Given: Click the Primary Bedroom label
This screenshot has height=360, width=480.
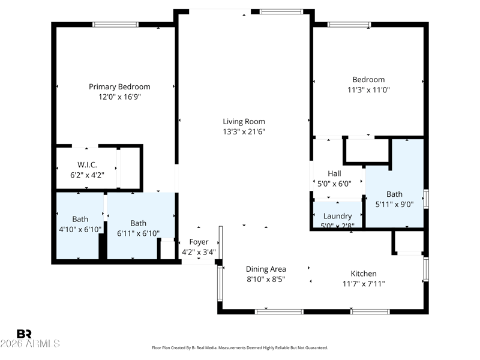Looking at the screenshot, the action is (x=119, y=87).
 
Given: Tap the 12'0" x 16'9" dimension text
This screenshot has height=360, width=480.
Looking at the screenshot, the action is (x=119, y=97).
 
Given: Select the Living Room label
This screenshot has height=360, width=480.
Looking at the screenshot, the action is (x=244, y=122).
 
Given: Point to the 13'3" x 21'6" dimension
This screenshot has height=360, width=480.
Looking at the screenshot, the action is (x=244, y=131).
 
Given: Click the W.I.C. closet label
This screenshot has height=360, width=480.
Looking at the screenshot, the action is (x=87, y=164).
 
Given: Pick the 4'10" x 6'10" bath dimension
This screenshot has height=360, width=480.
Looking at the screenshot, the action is (x=80, y=229).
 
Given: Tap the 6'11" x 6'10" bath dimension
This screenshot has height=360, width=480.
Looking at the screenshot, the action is (x=138, y=233).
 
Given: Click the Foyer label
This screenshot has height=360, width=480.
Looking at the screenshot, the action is (x=199, y=242).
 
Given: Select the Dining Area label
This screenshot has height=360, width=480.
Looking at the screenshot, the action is (x=266, y=269).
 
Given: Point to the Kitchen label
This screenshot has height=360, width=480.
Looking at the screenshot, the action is (x=364, y=274).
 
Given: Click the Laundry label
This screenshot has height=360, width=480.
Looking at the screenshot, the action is (x=337, y=216).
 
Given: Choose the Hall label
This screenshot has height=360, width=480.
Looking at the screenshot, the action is (x=334, y=173).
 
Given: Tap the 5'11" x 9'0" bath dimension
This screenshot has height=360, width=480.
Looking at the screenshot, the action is (x=394, y=204).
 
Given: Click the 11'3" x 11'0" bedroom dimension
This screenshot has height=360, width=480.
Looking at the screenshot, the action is (x=368, y=89).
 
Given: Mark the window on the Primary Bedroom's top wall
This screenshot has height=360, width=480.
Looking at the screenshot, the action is (x=115, y=25).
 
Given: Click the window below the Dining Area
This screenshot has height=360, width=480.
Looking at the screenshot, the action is (x=279, y=311).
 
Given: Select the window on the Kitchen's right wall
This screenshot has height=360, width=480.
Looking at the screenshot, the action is (x=426, y=269).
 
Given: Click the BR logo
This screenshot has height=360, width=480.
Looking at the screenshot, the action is (x=24, y=334).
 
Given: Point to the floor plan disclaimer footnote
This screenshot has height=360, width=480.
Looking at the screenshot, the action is (x=239, y=348).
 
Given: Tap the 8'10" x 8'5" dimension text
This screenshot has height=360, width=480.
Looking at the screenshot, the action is (x=266, y=279).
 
